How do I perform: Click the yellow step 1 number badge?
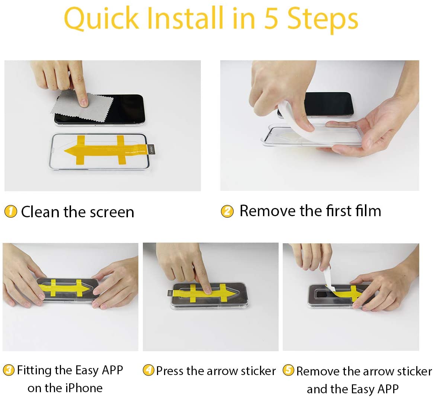(10, 212)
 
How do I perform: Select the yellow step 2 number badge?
(227, 211)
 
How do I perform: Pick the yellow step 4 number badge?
(148, 370)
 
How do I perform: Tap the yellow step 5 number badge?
(288, 371)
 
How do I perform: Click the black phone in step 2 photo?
(331, 104)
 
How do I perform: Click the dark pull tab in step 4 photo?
(169, 294)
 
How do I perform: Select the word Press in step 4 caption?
(170, 371)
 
